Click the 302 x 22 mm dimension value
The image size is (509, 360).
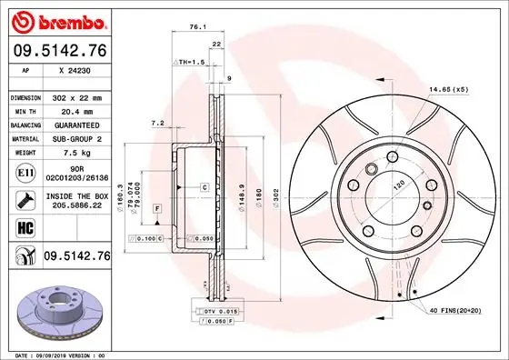tap(75, 96)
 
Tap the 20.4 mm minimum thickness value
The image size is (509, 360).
tap(75, 110)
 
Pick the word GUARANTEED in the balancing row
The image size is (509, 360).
tap(75, 124)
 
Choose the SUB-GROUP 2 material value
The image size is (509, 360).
tap(75, 138)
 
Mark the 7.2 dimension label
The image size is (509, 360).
tap(156, 123)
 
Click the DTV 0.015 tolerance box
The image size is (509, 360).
tap(215, 312)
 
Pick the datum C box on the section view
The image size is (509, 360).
tap(205, 186)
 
